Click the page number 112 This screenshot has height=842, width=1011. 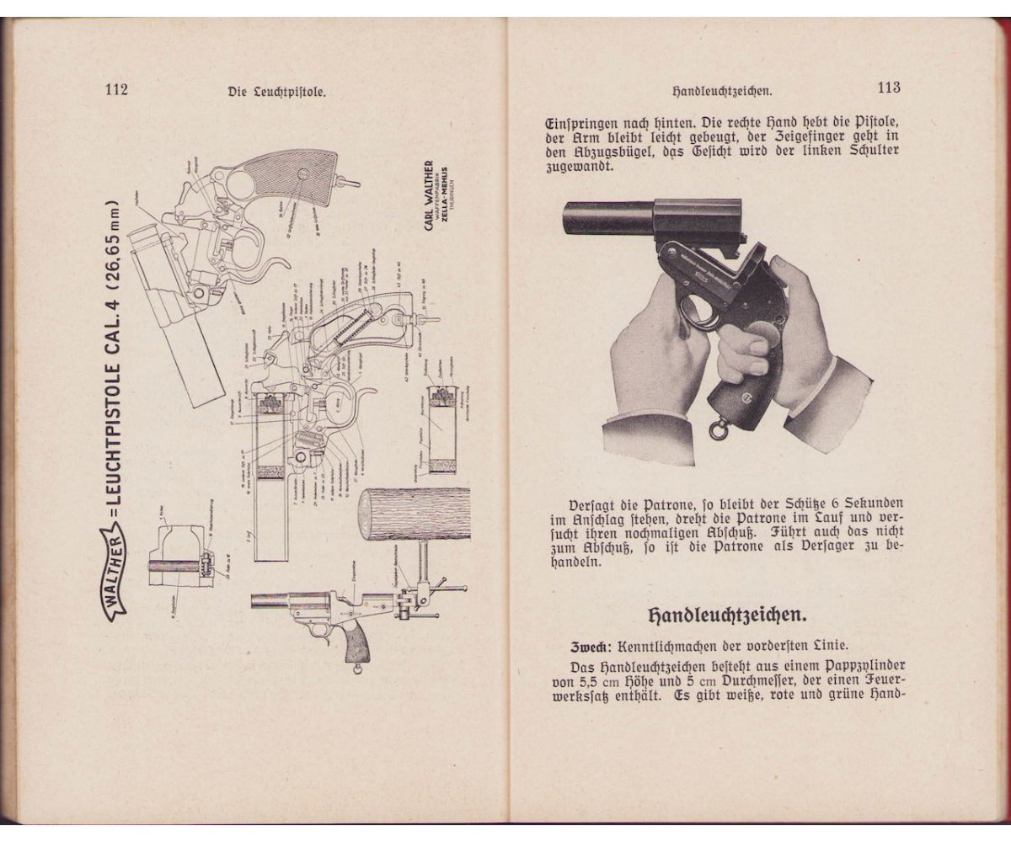115,90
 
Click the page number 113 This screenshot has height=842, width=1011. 889,87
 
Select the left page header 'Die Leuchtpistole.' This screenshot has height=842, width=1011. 276,93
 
